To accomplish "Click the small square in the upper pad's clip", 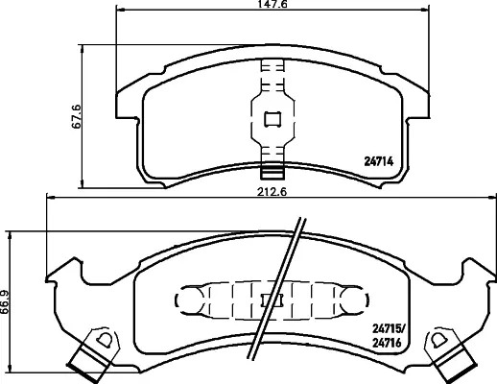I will [272, 119].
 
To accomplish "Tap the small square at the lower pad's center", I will [275, 298].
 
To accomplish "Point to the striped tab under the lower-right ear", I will [459, 364].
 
